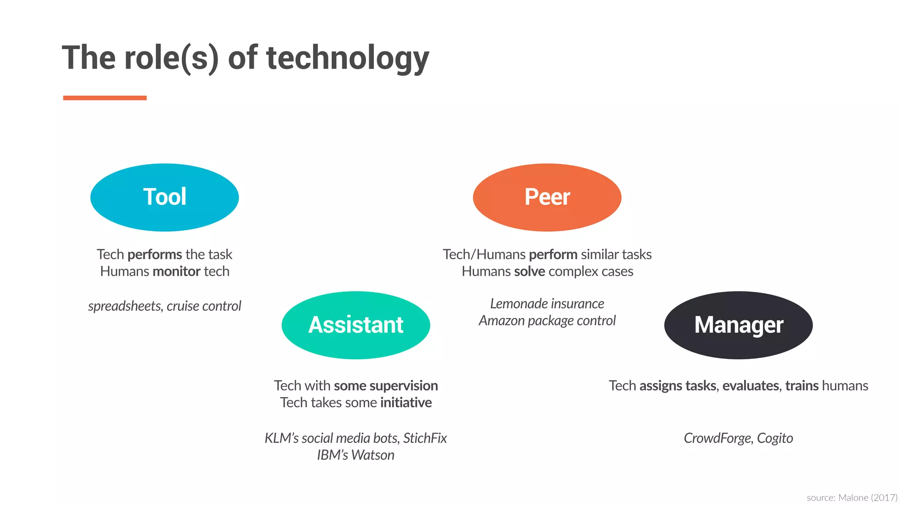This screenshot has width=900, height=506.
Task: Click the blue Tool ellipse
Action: click(164, 197)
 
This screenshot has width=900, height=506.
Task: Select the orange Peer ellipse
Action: click(547, 197)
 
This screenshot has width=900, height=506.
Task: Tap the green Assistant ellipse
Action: click(356, 325)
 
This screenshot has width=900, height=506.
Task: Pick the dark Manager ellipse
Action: click(738, 325)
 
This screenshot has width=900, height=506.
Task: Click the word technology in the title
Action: click(348, 58)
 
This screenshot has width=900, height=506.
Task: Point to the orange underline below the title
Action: click(105, 98)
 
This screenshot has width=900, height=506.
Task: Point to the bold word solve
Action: click(530, 271)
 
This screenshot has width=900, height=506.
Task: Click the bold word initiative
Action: click(406, 402)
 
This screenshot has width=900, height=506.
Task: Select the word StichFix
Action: click(425, 438)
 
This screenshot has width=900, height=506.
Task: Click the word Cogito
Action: click(775, 438)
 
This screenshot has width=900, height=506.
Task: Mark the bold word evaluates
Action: click(751, 386)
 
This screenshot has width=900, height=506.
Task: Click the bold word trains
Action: click(802, 386)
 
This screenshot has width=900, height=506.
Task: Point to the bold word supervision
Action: click(404, 386)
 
